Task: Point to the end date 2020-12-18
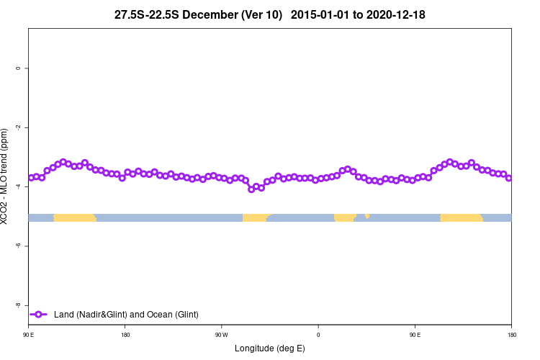point(395,14)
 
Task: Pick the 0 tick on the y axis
point(18,68)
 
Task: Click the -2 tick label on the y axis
point(18,127)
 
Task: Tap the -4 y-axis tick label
point(18,186)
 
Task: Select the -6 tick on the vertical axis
point(18,246)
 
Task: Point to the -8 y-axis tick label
point(18,305)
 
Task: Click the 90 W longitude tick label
point(221,335)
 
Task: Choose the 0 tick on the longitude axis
point(318,335)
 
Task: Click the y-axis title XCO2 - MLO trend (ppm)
point(6,176)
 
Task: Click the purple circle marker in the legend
point(39,315)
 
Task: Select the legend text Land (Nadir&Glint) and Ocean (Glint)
point(126,315)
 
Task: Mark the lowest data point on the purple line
point(251,189)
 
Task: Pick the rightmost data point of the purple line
point(509,178)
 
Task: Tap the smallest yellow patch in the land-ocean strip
point(367,215)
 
